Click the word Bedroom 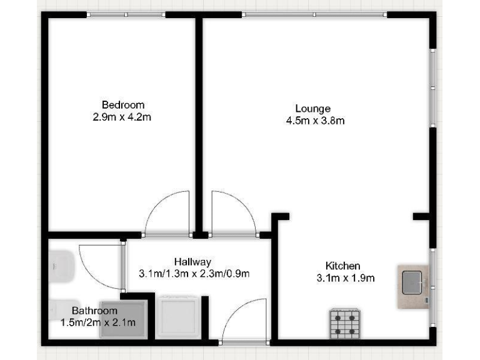(x=123, y=104)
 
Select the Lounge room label (x=313, y=109)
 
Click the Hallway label (x=192, y=262)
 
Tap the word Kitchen (x=343, y=266)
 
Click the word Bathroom (x=94, y=311)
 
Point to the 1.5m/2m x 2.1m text (x=98, y=322)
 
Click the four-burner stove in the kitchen (x=344, y=324)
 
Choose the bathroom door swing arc (x=100, y=266)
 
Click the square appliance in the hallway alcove (x=178, y=317)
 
